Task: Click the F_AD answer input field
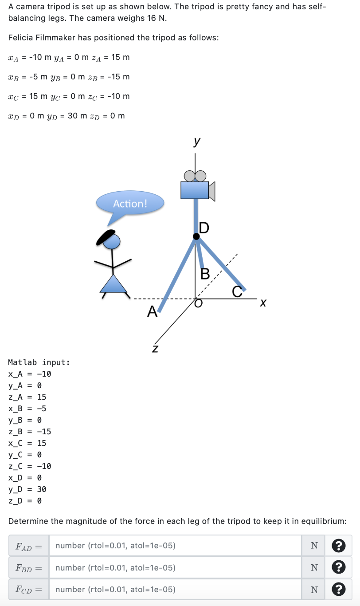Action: (175, 545)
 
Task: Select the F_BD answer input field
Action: (175, 567)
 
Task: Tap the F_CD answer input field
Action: (175, 589)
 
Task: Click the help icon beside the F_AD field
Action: (338, 545)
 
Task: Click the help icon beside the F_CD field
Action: (338, 589)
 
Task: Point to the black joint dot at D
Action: (196, 236)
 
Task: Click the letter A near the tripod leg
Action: (152, 311)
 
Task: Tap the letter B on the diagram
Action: (205, 274)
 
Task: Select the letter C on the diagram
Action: (237, 291)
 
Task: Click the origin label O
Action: (198, 303)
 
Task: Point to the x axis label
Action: (263, 303)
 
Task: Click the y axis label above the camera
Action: (197, 141)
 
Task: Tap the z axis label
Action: (155, 349)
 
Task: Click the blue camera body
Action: (195, 190)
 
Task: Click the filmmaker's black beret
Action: (106, 237)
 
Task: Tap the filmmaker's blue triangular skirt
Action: (113, 284)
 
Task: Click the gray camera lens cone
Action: (212, 192)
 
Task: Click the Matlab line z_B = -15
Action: (29, 432)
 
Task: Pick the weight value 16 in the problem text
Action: (152, 18)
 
